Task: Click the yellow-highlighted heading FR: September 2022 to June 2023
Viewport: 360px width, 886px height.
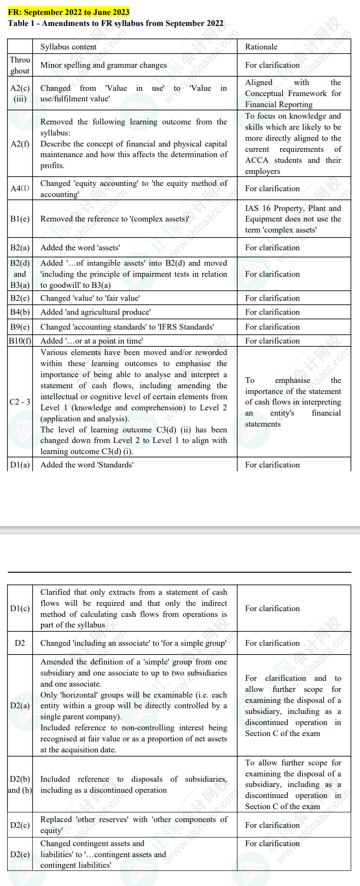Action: [x=69, y=12]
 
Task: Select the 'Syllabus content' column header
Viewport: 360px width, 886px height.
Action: [x=68, y=47]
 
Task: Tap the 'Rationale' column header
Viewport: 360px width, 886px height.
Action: [x=261, y=47]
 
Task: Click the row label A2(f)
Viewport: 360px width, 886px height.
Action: [x=20, y=144]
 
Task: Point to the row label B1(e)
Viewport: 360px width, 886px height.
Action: [x=20, y=219]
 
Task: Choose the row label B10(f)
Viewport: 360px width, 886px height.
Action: [x=20, y=341]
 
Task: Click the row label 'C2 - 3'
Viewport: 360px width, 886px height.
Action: [x=20, y=402]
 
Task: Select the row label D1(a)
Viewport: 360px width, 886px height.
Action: [x=20, y=465]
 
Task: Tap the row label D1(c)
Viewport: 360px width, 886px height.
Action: [x=20, y=608]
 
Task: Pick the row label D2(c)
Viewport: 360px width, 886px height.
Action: [x=20, y=825]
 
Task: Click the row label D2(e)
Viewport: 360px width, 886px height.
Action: [x=20, y=854]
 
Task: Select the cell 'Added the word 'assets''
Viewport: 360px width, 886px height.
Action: [x=80, y=247]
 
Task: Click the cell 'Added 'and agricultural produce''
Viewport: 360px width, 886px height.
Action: [x=96, y=312]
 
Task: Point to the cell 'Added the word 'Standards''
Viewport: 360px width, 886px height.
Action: [x=87, y=465]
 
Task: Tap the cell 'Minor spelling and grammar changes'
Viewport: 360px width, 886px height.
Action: [x=104, y=65]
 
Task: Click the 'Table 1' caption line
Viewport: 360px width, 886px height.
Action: [x=115, y=23]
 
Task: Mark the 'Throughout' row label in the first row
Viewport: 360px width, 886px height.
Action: [x=20, y=65]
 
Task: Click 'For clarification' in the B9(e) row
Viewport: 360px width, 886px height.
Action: [x=272, y=327]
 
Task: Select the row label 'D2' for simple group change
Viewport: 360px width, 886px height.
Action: [x=20, y=643]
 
